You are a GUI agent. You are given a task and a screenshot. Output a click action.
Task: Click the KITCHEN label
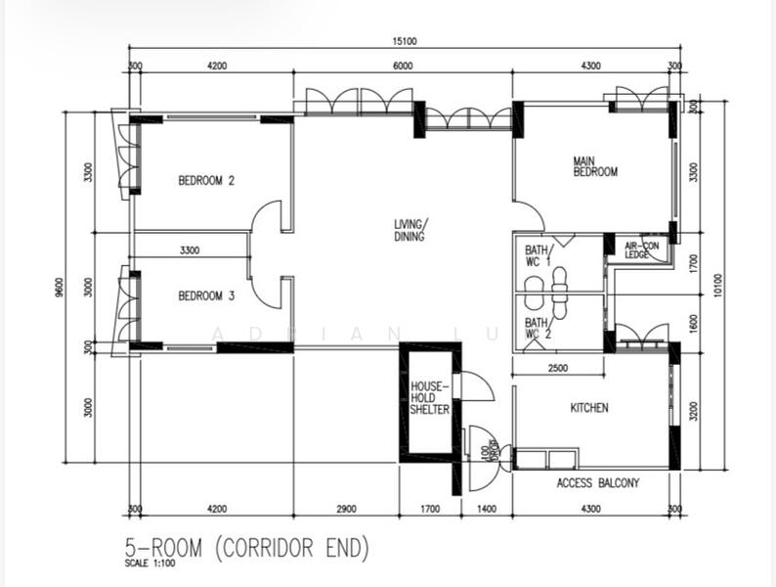point(589,407)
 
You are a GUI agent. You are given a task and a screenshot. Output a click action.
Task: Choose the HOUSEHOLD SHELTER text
point(430,398)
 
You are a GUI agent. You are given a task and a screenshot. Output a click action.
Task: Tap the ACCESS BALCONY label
point(597,483)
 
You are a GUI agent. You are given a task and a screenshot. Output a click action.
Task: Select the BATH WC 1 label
point(539,255)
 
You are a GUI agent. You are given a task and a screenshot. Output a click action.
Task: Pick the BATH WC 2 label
point(539,328)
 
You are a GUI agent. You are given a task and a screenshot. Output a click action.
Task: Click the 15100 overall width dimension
point(404,41)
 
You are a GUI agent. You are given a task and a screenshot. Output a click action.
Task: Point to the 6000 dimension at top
point(403,66)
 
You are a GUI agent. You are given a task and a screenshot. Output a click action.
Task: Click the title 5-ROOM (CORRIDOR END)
point(246,548)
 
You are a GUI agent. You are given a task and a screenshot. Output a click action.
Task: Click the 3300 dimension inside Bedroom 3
point(191,250)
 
